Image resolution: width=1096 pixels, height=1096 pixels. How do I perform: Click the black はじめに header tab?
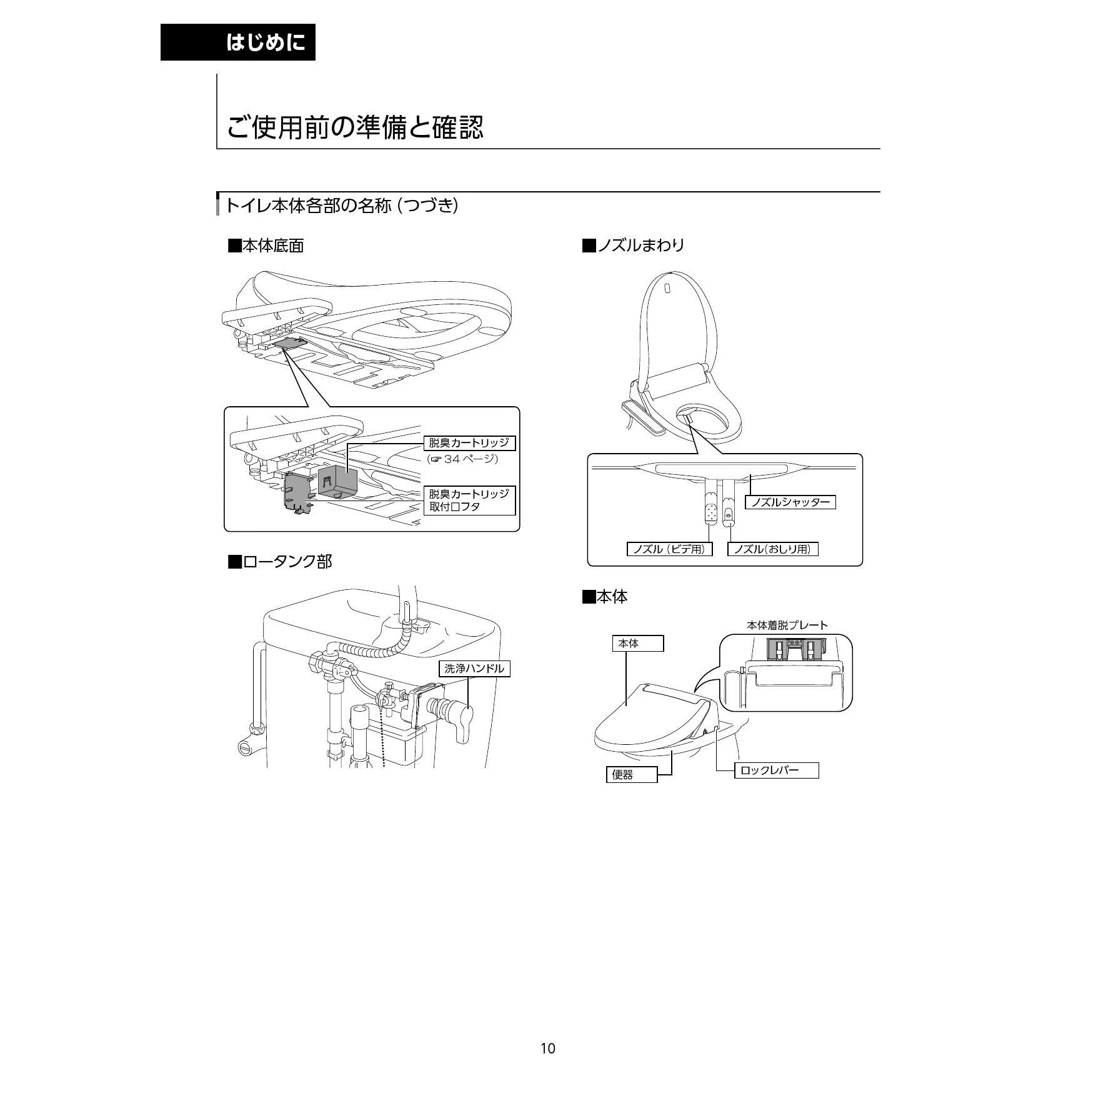(238, 42)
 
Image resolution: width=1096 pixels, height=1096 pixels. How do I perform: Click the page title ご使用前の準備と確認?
(354, 127)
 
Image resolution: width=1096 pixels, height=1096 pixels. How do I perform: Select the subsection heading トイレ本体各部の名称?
(341, 205)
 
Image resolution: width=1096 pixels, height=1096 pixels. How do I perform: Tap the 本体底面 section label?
(266, 246)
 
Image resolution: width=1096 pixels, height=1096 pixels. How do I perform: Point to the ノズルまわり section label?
(633, 245)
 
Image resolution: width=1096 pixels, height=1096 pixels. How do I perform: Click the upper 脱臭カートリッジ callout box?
(469, 443)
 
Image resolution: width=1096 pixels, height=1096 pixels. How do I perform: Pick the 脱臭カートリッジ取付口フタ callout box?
(469, 500)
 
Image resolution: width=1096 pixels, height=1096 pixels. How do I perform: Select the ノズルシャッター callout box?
(790, 502)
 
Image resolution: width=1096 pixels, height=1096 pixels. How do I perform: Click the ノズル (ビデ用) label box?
(669, 549)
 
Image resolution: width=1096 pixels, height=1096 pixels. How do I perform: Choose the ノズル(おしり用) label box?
(772, 549)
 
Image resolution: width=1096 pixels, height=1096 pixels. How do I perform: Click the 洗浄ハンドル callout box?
(474, 669)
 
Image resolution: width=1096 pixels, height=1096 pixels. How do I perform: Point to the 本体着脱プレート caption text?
(787, 625)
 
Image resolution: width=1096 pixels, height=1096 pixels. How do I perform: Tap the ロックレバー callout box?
(776, 770)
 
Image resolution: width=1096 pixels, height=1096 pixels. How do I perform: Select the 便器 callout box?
(631, 775)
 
